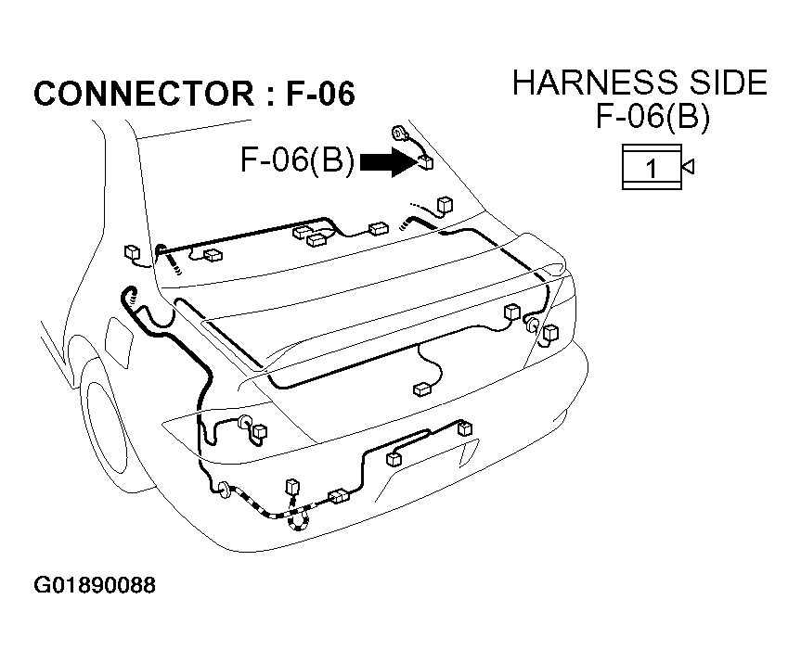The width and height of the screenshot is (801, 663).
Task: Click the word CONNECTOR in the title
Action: tap(144, 94)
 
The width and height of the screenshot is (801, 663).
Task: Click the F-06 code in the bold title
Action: tap(320, 94)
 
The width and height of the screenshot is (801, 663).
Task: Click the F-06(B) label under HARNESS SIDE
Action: tap(652, 117)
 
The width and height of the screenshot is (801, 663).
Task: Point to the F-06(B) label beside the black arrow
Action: tap(297, 159)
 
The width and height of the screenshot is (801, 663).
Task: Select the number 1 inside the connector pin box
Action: tap(652, 169)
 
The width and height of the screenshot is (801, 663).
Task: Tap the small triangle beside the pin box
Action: tap(688, 166)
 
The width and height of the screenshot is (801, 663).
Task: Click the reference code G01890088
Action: tap(95, 585)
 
